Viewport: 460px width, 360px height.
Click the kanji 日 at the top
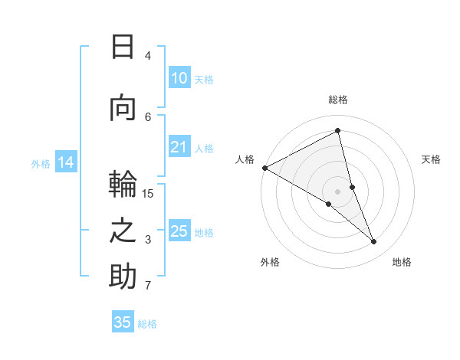[x=123, y=47]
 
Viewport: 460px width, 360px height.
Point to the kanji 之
[x=123, y=230]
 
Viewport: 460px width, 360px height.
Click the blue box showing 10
[x=179, y=78]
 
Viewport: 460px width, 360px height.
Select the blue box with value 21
[x=179, y=148]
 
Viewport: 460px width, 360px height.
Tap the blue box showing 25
[x=179, y=231]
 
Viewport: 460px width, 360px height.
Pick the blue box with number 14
[x=66, y=162]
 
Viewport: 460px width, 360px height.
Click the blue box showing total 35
[x=123, y=322]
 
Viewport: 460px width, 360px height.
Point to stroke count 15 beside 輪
[x=148, y=193]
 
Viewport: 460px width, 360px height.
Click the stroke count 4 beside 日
[x=148, y=55]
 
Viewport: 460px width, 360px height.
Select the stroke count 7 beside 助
[x=148, y=286]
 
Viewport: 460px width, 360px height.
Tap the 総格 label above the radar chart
[x=338, y=100]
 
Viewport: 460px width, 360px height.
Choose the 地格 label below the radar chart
[x=402, y=262]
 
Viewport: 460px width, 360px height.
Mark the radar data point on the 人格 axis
[x=264, y=167]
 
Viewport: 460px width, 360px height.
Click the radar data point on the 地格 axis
[x=374, y=241]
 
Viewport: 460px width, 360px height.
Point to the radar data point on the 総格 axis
[x=338, y=130]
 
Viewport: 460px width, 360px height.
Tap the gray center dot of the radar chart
[x=338, y=191]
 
